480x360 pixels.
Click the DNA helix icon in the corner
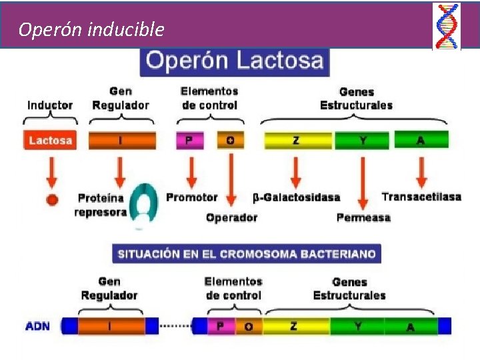point(446,26)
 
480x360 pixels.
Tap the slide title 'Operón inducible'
point(91,29)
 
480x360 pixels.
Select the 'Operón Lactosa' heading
point(235,62)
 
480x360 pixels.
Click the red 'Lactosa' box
point(51,141)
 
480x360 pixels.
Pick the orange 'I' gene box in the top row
point(121,141)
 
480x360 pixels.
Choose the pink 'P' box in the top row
point(189,141)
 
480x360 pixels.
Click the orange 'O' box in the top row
point(231,141)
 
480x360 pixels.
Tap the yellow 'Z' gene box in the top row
point(297,141)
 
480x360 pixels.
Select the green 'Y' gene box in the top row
point(362,141)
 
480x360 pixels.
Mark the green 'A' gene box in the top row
point(421,140)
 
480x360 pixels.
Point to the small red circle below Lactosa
point(52,198)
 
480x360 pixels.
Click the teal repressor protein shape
point(143,203)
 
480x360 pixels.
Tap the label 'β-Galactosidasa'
point(296,197)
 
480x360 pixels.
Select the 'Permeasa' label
point(363,217)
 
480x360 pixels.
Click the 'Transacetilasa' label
point(421,197)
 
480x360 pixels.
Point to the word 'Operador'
point(231,217)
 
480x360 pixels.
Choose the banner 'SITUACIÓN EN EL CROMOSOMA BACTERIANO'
point(247,254)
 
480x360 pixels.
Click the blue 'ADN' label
point(37,326)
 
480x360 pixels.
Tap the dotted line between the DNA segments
point(175,326)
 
